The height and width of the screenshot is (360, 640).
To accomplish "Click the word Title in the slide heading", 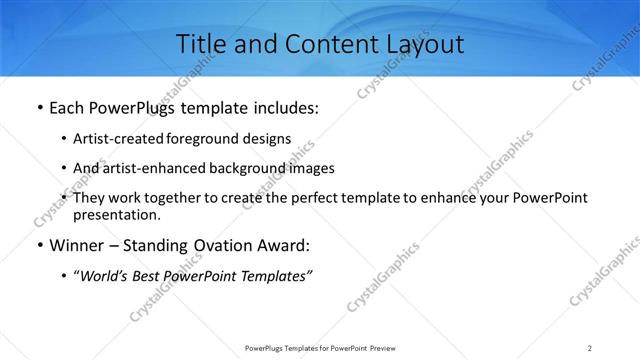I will pos(200,44).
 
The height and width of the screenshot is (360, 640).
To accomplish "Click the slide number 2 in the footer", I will pos(590,347).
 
